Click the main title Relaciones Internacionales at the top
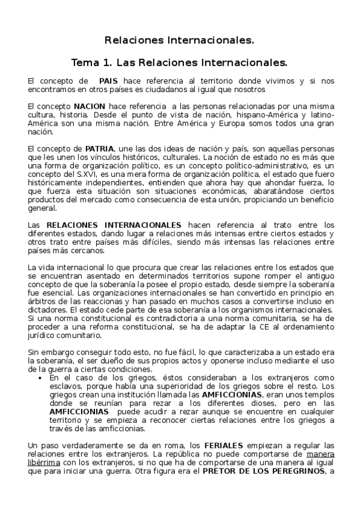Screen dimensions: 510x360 point(179,41)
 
